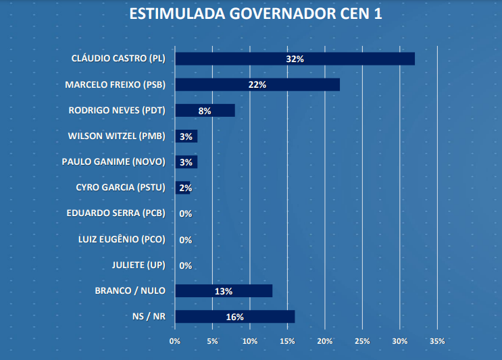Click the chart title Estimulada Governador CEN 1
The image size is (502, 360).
tap(251, 14)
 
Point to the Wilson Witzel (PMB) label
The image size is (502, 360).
tap(116, 136)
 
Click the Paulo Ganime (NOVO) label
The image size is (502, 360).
tap(113, 162)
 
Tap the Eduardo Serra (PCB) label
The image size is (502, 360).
tap(116, 213)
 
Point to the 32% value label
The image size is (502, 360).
tap(295, 59)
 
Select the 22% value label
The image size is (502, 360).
tap(257, 85)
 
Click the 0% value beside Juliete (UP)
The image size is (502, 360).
tap(186, 265)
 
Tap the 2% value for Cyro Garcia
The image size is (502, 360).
tap(186, 188)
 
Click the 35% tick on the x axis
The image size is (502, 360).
tap(437, 341)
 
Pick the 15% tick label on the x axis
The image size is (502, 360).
tap(287, 341)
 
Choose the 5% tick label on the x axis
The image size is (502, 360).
tap(213, 341)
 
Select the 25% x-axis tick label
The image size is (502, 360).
tap(362, 341)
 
